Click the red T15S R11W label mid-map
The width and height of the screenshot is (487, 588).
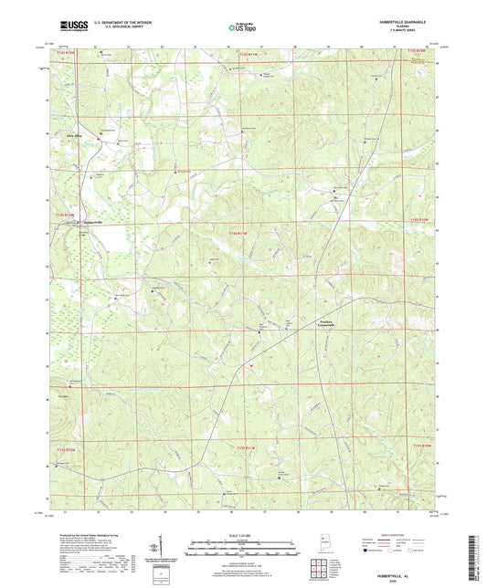238,235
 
